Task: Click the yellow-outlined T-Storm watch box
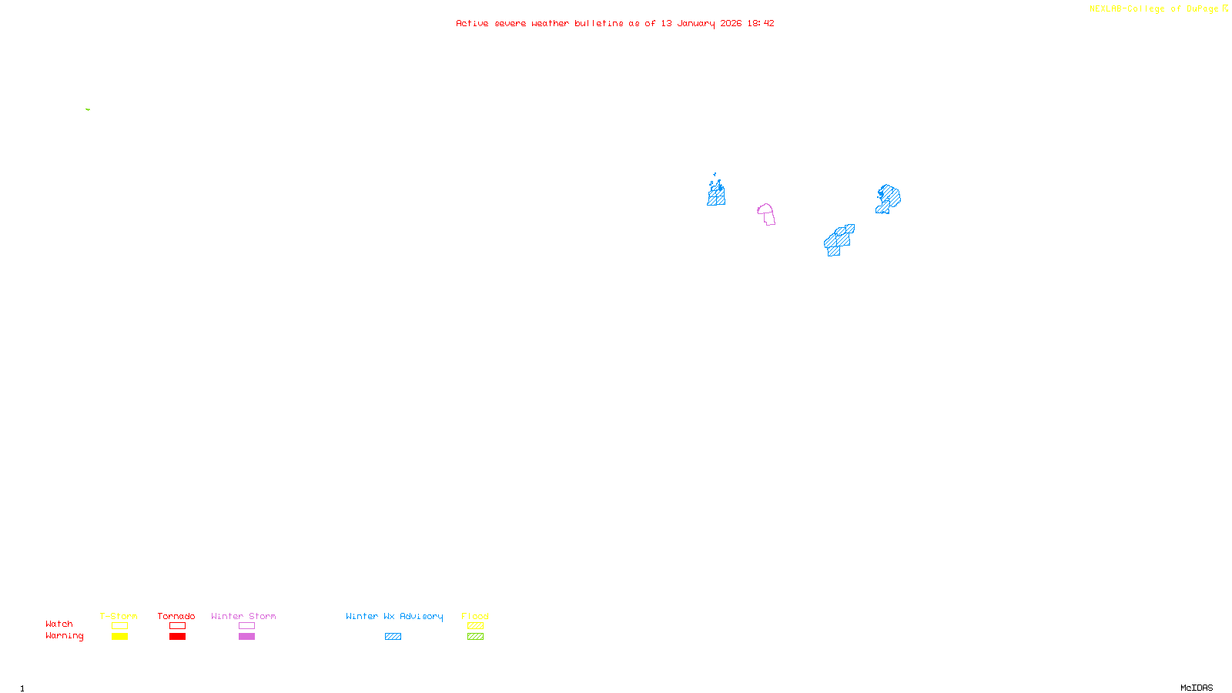coord(119,626)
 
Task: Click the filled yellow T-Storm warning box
coord(119,637)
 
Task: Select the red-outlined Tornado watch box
coord(177,626)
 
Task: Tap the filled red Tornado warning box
coord(177,637)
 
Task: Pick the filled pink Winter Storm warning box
coord(246,637)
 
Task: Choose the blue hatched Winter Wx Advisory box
coord(393,637)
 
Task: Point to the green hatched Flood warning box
coord(475,637)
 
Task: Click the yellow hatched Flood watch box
coord(475,626)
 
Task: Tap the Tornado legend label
coord(176,616)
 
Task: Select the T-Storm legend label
coord(119,616)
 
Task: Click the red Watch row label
coord(59,624)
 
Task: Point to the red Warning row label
coord(65,636)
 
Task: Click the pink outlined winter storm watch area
coord(766,214)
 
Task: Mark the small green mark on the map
coord(88,109)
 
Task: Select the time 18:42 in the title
coord(761,24)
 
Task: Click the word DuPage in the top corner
coord(1202,9)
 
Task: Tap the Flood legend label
coord(475,616)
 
